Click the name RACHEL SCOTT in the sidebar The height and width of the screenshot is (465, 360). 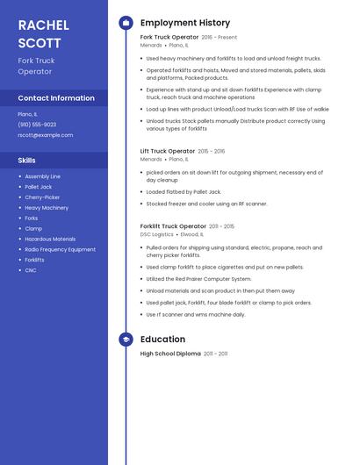pyautogui.click(x=40, y=33)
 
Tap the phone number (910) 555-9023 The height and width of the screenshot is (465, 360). pyautogui.click(x=37, y=125)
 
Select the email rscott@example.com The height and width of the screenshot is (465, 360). pyautogui.click(x=46, y=135)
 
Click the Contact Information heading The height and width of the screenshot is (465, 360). pyautogui.click(x=56, y=98)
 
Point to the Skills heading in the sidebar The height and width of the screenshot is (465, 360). pyautogui.click(x=27, y=161)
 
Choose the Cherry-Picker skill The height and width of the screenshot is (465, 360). pyautogui.click(x=42, y=197)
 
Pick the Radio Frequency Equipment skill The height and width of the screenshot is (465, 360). pyautogui.click(x=61, y=249)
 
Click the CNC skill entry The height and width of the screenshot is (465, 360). pyautogui.click(x=31, y=270)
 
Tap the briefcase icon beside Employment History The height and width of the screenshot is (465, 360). pyautogui.click(x=126, y=23)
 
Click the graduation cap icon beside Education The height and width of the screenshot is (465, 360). pyautogui.click(x=126, y=340)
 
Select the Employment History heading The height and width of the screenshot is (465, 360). pyautogui.click(x=185, y=23)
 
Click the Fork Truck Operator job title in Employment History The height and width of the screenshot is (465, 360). pyautogui.click(x=169, y=37)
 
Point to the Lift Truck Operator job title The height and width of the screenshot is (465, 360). pyautogui.click(x=168, y=151)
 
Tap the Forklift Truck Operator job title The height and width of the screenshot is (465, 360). pyautogui.click(x=173, y=226)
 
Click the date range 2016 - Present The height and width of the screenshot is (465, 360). pyautogui.click(x=220, y=38)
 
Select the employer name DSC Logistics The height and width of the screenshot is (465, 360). pyautogui.click(x=157, y=234)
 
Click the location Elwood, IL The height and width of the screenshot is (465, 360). pyautogui.click(x=191, y=234)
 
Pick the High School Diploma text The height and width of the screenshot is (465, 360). pyautogui.click(x=170, y=354)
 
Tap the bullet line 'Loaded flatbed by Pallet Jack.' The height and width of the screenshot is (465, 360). pyautogui.click(x=183, y=191)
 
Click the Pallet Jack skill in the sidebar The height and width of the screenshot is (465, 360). pyautogui.click(x=39, y=187)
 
